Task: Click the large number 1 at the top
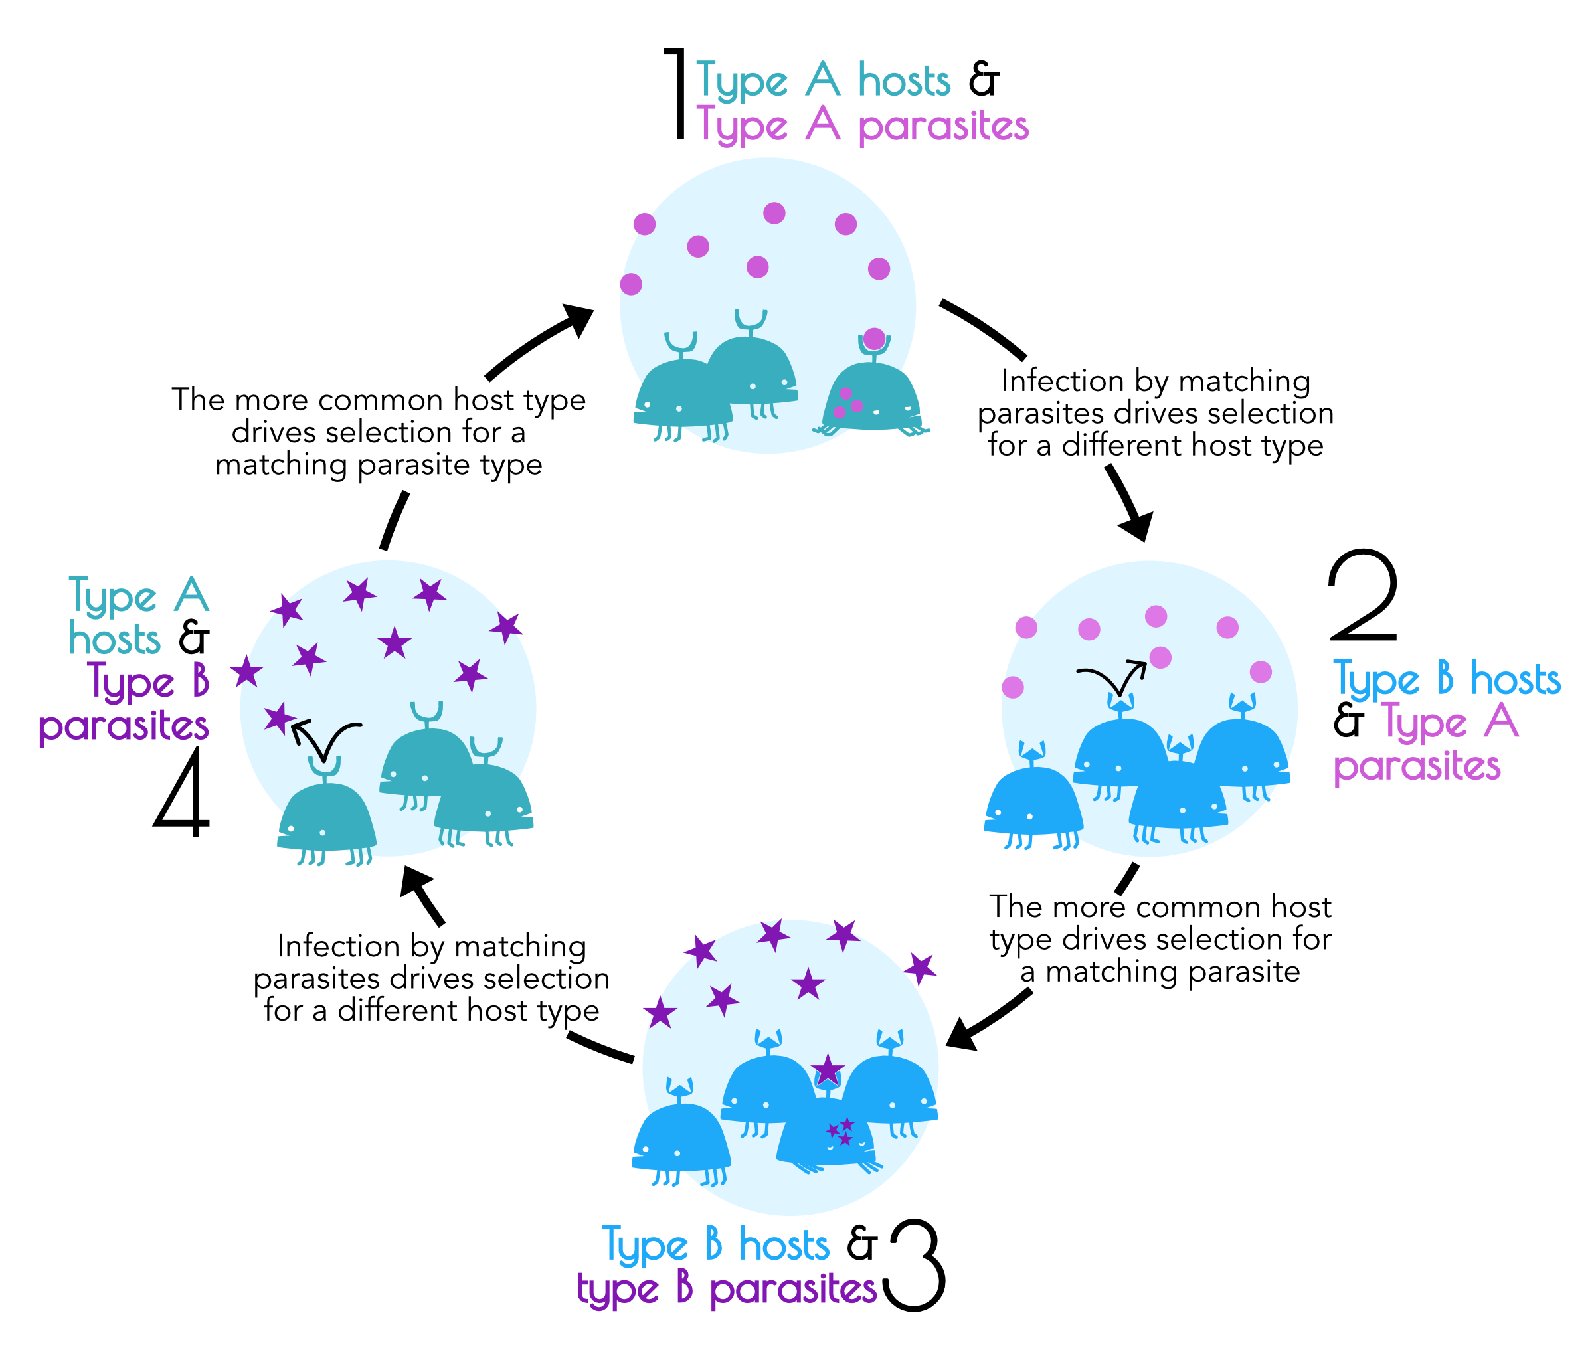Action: tap(676, 94)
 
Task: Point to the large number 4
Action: tap(183, 792)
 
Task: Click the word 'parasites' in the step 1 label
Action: tap(943, 126)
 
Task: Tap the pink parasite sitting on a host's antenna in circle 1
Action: tap(874, 339)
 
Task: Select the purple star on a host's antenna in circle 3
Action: tap(828, 1070)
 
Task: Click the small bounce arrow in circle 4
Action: tap(325, 738)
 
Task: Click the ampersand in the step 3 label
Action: tap(861, 1244)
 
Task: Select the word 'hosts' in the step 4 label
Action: tap(115, 639)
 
